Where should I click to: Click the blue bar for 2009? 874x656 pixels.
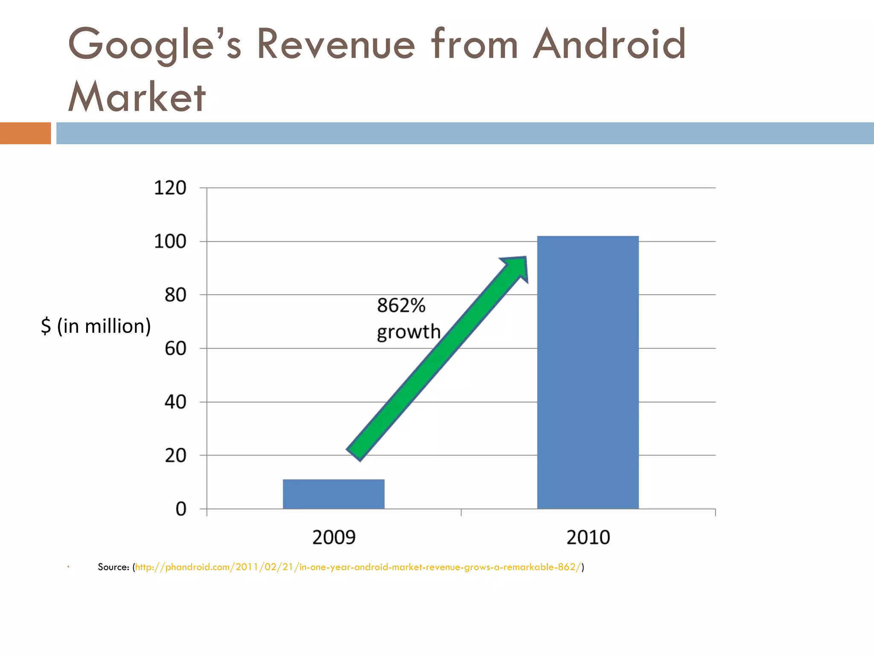(x=333, y=494)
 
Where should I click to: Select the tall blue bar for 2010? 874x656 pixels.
(x=588, y=372)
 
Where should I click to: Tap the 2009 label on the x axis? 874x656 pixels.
(x=334, y=537)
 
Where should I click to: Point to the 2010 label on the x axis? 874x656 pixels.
(x=588, y=537)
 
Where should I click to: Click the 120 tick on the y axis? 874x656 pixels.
(x=170, y=188)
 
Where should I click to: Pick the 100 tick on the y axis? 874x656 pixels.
(x=170, y=242)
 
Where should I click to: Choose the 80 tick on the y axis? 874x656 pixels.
(x=175, y=295)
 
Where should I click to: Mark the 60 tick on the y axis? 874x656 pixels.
(x=175, y=349)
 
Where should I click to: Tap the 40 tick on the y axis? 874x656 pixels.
(x=175, y=402)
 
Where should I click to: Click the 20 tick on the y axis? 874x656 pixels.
(x=175, y=456)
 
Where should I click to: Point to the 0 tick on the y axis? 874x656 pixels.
(x=181, y=509)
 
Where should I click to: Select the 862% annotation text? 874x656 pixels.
(x=401, y=305)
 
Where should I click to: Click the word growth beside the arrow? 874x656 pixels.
(x=408, y=332)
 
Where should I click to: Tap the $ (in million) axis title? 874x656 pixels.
(x=96, y=326)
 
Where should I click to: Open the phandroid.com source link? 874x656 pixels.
(x=358, y=567)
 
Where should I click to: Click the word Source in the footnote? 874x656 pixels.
(x=113, y=567)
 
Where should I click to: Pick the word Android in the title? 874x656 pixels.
(x=609, y=44)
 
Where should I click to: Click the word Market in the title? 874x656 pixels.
(x=137, y=97)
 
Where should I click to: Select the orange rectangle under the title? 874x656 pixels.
(x=25, y=133)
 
